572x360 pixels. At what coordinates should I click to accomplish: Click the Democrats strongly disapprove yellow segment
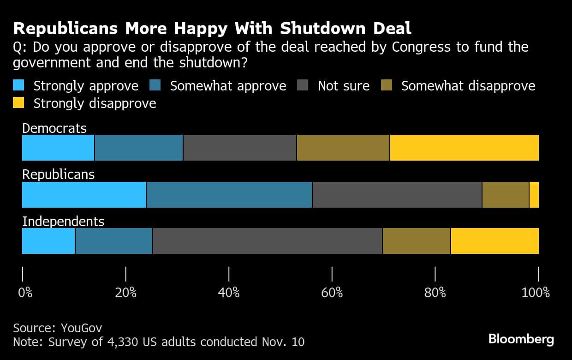pos(464,148)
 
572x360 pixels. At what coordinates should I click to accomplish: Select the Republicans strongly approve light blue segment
pos(84,195)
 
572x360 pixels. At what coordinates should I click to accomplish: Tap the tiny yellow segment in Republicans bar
pos(534,195)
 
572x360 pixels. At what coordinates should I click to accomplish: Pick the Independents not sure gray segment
pos(267,241)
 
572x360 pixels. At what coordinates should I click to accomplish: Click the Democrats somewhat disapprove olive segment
pos(343,148)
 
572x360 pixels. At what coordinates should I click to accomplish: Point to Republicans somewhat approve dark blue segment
pos(229,195)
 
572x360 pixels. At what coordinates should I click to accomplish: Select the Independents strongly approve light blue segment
pos(48,241)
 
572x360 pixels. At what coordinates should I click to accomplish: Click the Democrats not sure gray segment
pos(239,148)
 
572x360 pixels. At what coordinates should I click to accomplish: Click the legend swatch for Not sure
pos(303,86)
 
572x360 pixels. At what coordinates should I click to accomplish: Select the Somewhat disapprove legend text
pos(468,86)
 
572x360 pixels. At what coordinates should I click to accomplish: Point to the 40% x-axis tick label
pos(229,292)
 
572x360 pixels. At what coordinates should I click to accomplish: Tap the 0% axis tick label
pos(24,292)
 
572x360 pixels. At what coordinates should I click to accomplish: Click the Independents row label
pos(63,222)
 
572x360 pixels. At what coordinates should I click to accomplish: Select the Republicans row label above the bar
pos(58,174)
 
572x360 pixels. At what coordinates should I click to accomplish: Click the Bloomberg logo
pos(521,340)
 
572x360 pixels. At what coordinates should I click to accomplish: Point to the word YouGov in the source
pos(81,328)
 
